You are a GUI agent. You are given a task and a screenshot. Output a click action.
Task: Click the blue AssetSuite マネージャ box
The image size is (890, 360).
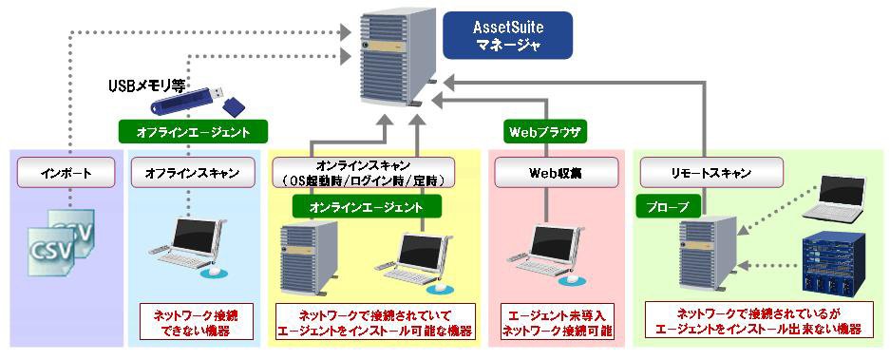pyautogui.click(x=507, y=35)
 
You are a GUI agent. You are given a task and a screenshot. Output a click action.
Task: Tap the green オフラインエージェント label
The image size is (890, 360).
pyautogui.click(x=193, y=132)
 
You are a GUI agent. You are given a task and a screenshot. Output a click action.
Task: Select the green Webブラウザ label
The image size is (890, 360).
pyautogui.click(x=545, y=132)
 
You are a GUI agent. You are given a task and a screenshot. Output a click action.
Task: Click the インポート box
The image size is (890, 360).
pyautogui.click(x=66, y=173)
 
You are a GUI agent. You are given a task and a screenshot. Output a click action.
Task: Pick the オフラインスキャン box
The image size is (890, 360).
pyautogui.click(x=191, y=173)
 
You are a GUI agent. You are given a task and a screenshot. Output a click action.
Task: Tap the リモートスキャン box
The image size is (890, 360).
pyautogui.click(x=711, y=173)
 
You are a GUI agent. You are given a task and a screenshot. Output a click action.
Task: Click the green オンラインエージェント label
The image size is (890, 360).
pyautogui.click(x=366, y=207)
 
